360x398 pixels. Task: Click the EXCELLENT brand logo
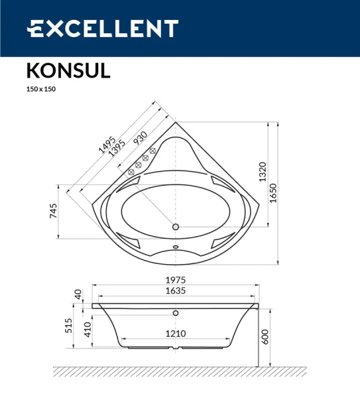point(102,29)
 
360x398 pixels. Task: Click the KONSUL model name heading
point(68,70)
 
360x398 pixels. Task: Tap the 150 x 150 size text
point(40,90)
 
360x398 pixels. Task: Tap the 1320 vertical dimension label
point(262,172)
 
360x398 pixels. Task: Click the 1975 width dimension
point(176,280)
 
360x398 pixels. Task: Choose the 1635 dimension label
point(176,291)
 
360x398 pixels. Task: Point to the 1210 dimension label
point(176,334)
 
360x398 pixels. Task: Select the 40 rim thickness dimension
point(78,294)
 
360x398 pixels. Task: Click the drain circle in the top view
point(176,227)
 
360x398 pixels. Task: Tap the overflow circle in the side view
point(176,312)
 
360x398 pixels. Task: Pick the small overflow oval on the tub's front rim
point(176,250)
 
